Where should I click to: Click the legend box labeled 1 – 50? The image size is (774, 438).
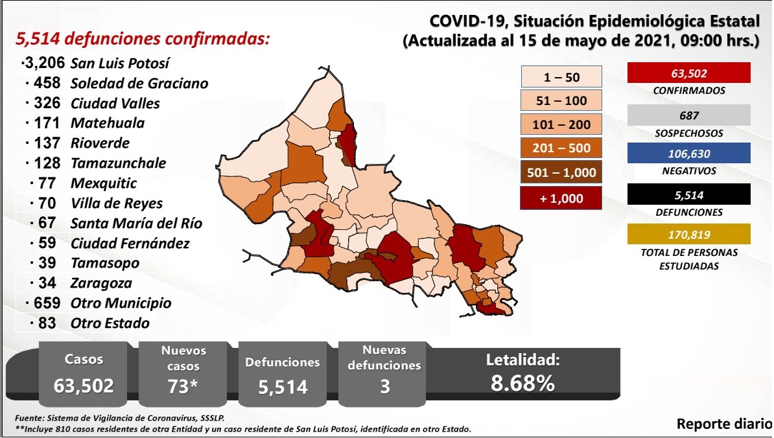pyautogui.click(x=561, y=78)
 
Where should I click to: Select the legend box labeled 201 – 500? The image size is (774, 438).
pyautogui.click(x=561, y=148)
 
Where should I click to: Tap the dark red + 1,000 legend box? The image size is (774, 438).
pyautogui.click(x=561, y=198)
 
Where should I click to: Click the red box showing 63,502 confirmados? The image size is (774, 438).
pyautogui.click(x=688, y=73)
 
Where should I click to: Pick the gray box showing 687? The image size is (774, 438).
pyautogui.click(x=688, y=115)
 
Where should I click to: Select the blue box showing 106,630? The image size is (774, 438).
pyautogui.click(x=688, y=154)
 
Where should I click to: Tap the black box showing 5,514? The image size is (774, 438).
pyautogui.click(x=688, y=194)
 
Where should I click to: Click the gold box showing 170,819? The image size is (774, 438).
pyautogui.click(x=688, y=234)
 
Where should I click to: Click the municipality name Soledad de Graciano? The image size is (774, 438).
pyautogui.click(x=139, y=84)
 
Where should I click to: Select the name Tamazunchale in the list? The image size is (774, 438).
pyautogui.click(x=118, y=163)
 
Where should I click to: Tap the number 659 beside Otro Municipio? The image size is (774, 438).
pyautogui.click(x=47, y=303)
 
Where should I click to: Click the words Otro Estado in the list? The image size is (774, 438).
pyautogui.click(x=110, y=323)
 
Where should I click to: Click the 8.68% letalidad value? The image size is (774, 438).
pyautogui.click(x=522, y=383)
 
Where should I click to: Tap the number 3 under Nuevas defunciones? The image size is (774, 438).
pyautogui.click(x=385, y=387)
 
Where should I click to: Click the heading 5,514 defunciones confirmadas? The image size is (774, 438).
pyautogui.click(x=142, y=39)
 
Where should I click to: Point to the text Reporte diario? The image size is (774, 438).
pyautogui.click(x=723, y=424)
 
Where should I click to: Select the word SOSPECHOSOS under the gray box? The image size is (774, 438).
pyautogui.click(x=688, y=133)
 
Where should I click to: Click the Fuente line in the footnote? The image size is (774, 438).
pyautogui.click(x=120, y=419)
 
